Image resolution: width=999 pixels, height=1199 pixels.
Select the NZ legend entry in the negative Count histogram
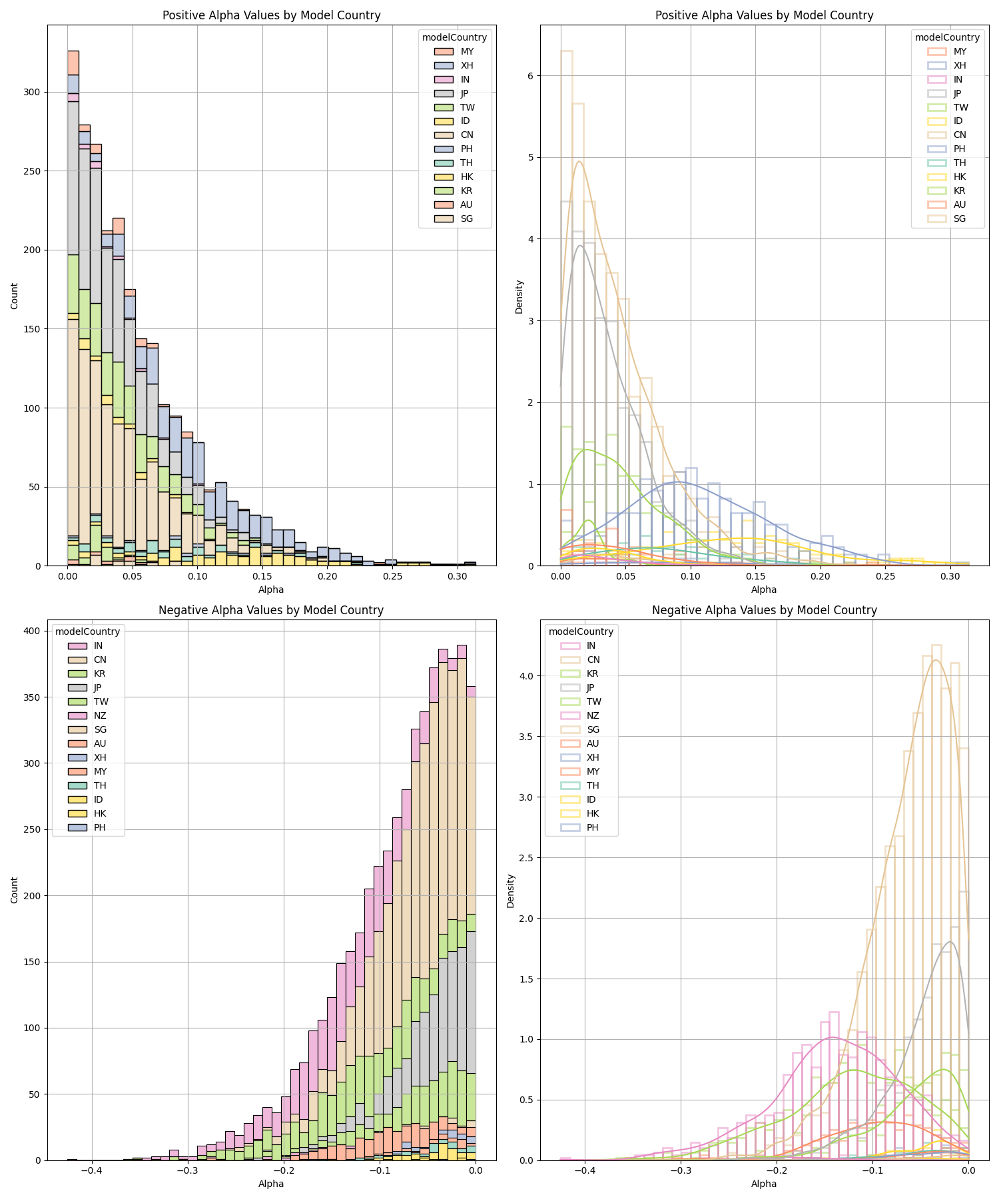click(100, 715)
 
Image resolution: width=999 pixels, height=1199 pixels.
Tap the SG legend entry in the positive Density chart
click(959, 218)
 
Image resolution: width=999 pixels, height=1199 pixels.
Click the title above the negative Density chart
click(764, 610)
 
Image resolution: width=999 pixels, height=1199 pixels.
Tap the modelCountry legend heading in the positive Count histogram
click(454, 37)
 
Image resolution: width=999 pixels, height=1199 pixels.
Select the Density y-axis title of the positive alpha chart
click(519, 296)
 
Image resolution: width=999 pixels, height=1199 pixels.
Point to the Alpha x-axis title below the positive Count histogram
click(271, 590)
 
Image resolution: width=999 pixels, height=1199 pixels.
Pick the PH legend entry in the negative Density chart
click(592, 827)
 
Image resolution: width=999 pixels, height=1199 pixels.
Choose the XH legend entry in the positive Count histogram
click(467, 65)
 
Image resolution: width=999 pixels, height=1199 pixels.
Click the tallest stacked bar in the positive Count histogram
click(73, 306)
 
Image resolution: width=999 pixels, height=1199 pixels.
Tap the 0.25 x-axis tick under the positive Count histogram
click(392, 576)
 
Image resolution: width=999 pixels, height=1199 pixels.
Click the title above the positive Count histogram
click(271, 15)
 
